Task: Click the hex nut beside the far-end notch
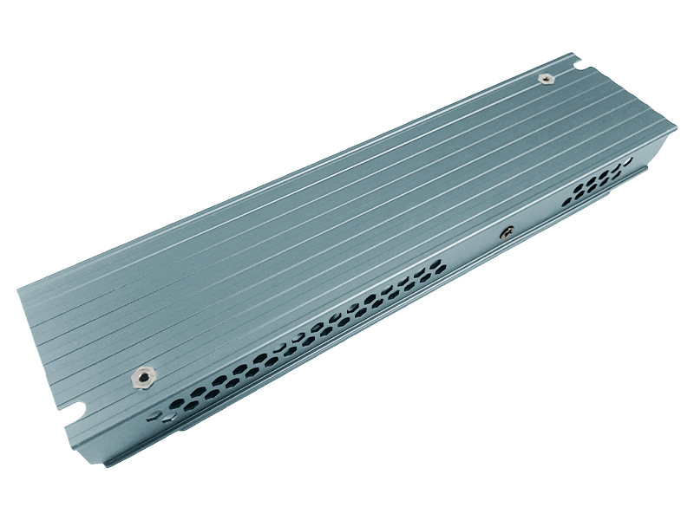[x=545, y=79]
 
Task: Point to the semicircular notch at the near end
[x=77, y=406]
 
